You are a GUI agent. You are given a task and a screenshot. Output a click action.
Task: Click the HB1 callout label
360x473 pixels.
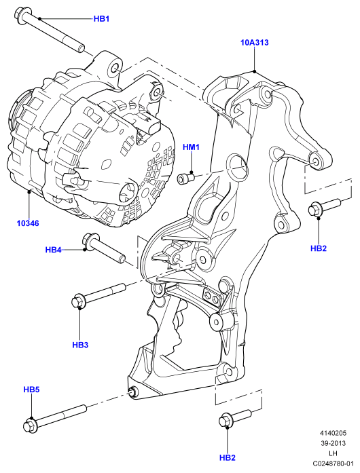101,19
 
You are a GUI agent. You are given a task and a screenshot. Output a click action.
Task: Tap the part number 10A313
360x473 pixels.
254,43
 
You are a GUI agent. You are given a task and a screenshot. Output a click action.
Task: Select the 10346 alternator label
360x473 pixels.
28,223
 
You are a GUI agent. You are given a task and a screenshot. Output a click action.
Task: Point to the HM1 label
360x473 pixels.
191,147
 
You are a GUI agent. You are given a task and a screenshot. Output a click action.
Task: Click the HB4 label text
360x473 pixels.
54,250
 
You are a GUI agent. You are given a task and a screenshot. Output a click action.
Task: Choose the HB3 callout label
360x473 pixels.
80,345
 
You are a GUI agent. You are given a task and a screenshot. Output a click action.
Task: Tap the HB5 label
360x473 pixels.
31,390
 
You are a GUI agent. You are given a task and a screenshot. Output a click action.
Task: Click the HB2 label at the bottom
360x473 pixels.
228,457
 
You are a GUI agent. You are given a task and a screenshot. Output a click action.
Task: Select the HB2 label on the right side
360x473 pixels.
319,248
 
